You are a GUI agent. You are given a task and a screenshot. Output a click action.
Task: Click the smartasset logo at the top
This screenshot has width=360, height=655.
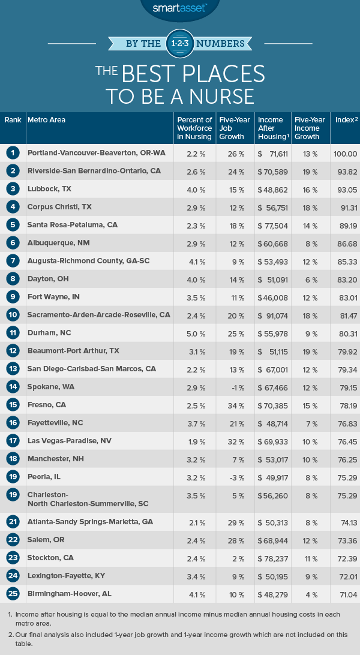[179, 8]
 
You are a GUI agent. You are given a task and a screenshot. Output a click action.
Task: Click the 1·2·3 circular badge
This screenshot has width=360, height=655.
[180, 43]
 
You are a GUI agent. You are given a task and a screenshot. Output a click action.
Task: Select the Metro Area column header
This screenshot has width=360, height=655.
[46, 120]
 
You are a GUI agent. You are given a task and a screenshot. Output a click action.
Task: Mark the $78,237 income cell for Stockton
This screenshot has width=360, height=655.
[269, 558]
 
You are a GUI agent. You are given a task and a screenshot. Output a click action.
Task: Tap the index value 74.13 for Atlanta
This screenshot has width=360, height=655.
[344, 522]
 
